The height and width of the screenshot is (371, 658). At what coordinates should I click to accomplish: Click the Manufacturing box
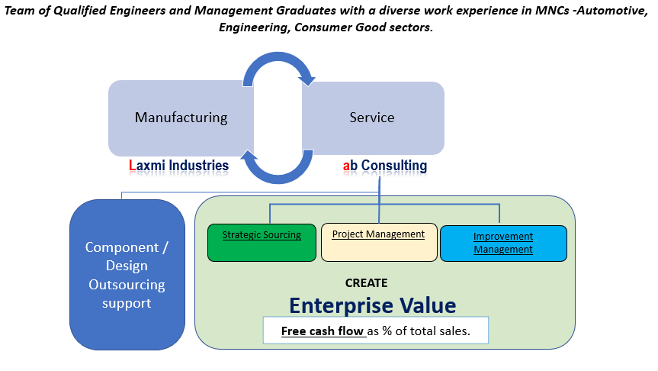[x=181, y=118]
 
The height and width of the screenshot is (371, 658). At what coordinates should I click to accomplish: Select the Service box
[x=372, y=118]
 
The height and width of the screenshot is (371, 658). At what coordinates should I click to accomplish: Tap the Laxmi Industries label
[x=179, y=165]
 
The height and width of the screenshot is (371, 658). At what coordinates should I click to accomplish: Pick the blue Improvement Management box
[x=503, y=243]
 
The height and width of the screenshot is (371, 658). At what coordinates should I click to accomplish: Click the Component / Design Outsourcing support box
[x=127, y=275]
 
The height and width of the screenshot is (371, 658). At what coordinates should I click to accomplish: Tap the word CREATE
[x=367, y=282]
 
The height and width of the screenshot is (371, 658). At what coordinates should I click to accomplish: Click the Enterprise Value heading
[x=372, y=305]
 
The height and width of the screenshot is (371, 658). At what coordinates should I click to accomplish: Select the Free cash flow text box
[x=375, y=331]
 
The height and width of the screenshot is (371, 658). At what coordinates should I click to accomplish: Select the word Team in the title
[x=22, y=10]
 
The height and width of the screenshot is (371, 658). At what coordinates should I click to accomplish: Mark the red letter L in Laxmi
[x=132, y=165]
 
